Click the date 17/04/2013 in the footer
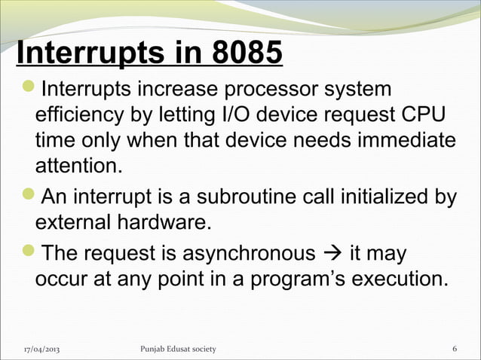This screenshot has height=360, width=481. tap(42, 349)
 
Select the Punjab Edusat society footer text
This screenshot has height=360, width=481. tap(178, 349)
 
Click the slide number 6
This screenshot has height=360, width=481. tap(454, 349)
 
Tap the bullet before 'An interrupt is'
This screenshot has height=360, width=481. tap(24, 198)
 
